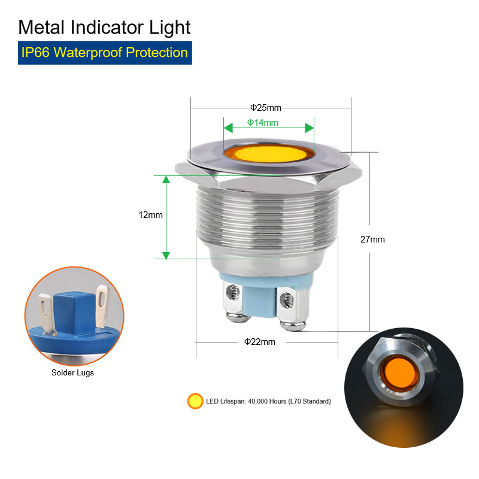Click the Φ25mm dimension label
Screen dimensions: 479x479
tap(265, 108)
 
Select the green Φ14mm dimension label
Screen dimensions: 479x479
tap(263, 123)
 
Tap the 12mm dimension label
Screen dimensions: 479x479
tap(151, 215)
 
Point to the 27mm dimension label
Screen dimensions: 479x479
tap(372, 239)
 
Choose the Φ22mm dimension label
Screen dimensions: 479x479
tap(260, 341)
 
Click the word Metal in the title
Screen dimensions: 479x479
tap(41, 27)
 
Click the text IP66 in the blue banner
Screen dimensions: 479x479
tap(35, 53)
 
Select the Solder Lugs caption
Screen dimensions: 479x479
tap(72, 372)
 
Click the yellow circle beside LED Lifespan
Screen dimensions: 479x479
tap(195, 401)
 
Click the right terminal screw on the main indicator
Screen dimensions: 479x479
tap(287, 299)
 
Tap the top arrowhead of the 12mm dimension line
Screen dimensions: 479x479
tap(166, 180)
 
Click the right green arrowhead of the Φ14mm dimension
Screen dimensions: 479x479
tap(310, 128)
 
